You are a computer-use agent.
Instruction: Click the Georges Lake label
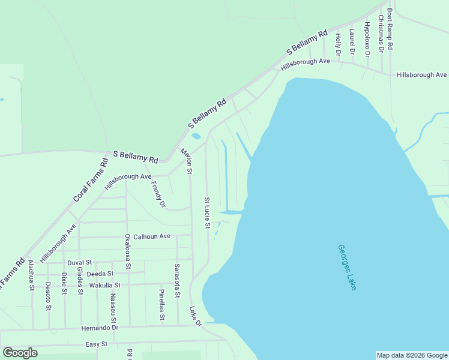click(347, 267)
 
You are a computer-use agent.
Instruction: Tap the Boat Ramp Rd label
click(390, 29)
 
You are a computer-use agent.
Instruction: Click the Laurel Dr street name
click(352, 42)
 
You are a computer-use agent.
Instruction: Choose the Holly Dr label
click(338, 45)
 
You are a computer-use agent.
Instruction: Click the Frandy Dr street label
click(158, 194)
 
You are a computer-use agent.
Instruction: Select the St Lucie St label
click(207, 213)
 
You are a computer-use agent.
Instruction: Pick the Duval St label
click(79, 263)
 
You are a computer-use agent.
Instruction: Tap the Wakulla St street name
click(105, 285)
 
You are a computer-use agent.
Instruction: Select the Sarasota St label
click(177, 280)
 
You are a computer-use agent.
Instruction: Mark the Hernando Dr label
click(100, 328)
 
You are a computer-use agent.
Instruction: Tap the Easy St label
click(96, 344)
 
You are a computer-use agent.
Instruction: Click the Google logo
click(20, 353)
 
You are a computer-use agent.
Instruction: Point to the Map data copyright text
click(412, 355)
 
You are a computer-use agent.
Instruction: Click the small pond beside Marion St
click(195, 136)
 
